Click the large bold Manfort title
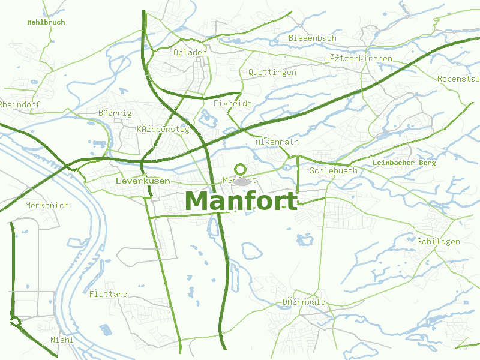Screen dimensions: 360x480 pos(241,201)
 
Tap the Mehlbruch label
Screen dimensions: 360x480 pos(46,22)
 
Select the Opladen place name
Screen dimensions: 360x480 pos(190,52)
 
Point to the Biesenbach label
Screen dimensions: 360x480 pos(312,38)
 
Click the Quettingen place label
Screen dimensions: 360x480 pos(272,72)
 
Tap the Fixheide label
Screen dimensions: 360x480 pos(232,103)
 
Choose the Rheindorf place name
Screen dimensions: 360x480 pos(20,104)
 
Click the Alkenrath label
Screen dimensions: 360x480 pos(277,142)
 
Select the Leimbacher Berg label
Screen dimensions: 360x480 pos(403,163)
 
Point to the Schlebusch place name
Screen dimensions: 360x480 pos(333,170)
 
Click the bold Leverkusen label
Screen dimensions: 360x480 pos(142,180)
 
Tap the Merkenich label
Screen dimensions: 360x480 pos(47,205)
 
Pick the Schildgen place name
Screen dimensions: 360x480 pos(438,241)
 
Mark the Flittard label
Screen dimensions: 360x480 pos(108,294)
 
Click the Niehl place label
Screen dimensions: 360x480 pos(62,340)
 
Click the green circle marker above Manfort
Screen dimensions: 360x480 pos(241,169)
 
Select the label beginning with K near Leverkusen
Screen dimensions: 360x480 pos(163,129)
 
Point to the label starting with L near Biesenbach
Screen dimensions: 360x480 pos(358,58)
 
